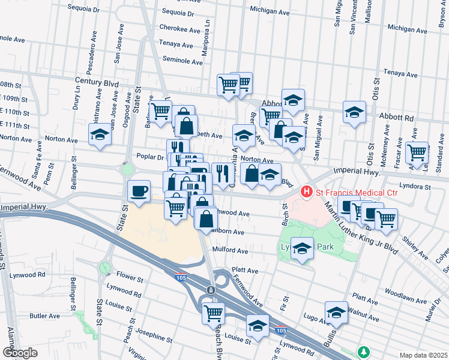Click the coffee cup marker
click(x=139, y=191)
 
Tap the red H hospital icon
click(x=307, y=192)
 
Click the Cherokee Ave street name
click(x=180, y=28)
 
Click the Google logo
click(x=20, y=352)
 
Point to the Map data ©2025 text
click(x=423, y=355)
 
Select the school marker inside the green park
click(x=302, y=248)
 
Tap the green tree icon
click(x=363, y=351)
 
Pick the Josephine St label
click(x=154, y=334)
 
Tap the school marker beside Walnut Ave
click(x=336, y=312)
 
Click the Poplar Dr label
click(x=150, y=156)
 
